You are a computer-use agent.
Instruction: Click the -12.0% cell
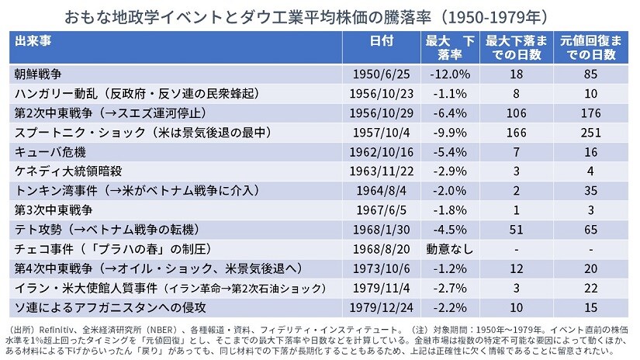coord(448,74)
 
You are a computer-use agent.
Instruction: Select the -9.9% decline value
coord(448,130)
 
